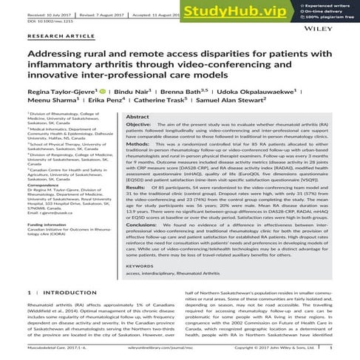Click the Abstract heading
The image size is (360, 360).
tap(137, 117)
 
